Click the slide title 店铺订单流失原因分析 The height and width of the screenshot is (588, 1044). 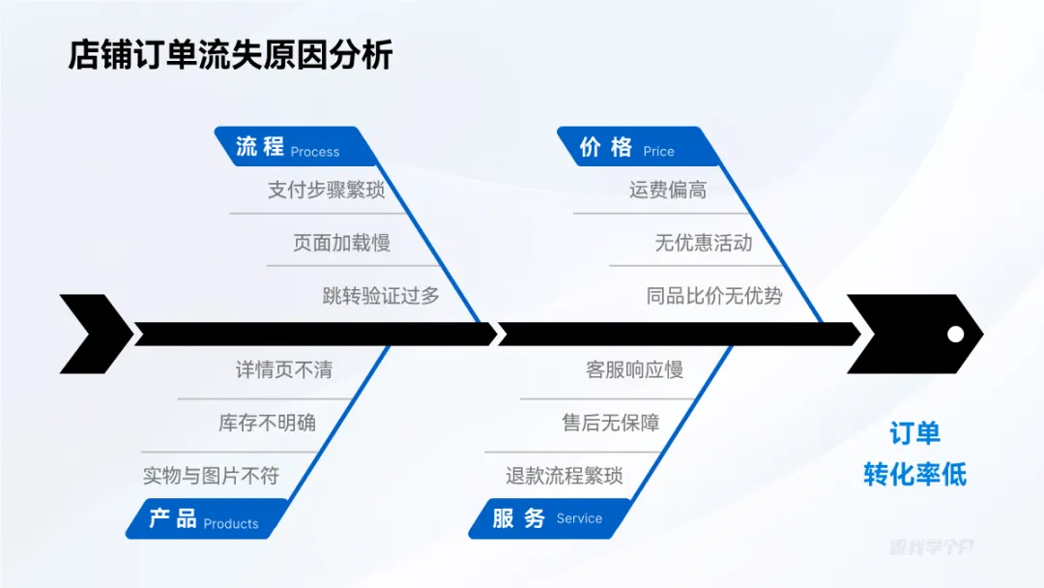[x=230, y=54]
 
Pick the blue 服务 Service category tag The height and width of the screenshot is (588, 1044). [x=547, y=518]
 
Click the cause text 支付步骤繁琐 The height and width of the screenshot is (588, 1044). [x=326, y=190]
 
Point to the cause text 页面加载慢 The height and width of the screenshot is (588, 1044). [x=341, y=243]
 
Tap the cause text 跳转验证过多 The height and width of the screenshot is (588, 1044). [x=381, y=296]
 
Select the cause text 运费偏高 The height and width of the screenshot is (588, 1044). [x=668, y=190]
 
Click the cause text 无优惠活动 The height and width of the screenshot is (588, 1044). [x=704, y=243]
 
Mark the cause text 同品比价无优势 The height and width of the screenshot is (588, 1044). [x=714, y=296]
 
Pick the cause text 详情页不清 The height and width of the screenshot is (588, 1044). [x=284, y=369]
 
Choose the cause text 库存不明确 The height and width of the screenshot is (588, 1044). [x=267, y=423]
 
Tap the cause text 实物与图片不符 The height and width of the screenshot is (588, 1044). [x=211, y=476]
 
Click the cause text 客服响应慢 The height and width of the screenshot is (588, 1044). [x=634, y=369]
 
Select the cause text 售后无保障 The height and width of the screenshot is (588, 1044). [x=611, y=423]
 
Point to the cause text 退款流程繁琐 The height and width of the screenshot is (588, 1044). [x=565, y=476]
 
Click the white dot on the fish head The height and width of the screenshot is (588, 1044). [x=955, y=334]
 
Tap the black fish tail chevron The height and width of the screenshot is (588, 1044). [x=95, y=334]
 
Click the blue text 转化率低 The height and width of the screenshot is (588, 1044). [x=914, y=475]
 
